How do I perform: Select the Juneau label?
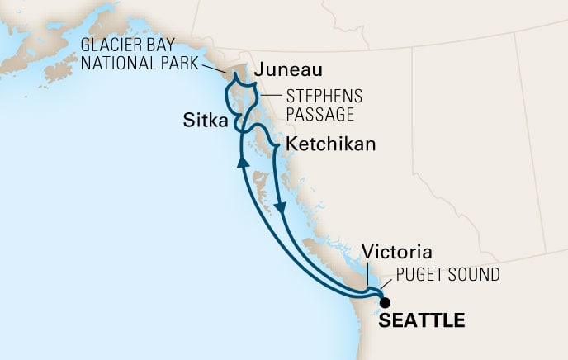287,70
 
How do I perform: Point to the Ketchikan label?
330,144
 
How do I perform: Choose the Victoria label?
396,252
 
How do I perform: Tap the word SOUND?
474,273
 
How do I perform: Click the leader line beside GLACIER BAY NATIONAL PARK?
212,67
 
